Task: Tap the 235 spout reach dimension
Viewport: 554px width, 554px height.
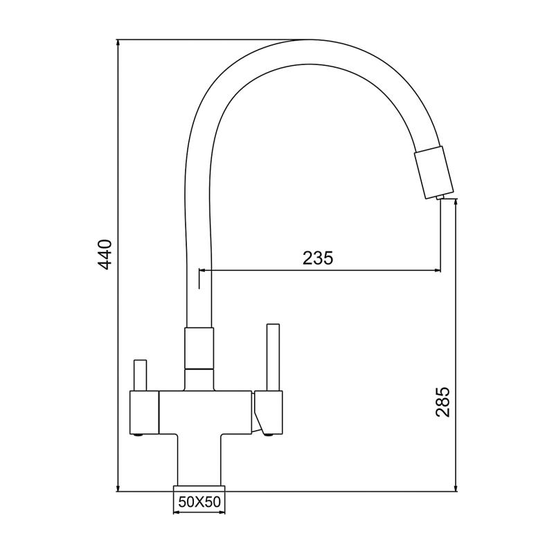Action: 318,258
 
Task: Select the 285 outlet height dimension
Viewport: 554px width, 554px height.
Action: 444,402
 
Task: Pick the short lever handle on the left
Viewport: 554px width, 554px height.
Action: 140,375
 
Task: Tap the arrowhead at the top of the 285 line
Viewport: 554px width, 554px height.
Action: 455,203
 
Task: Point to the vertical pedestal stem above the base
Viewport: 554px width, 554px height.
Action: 199,457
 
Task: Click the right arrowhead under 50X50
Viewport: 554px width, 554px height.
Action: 222,513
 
